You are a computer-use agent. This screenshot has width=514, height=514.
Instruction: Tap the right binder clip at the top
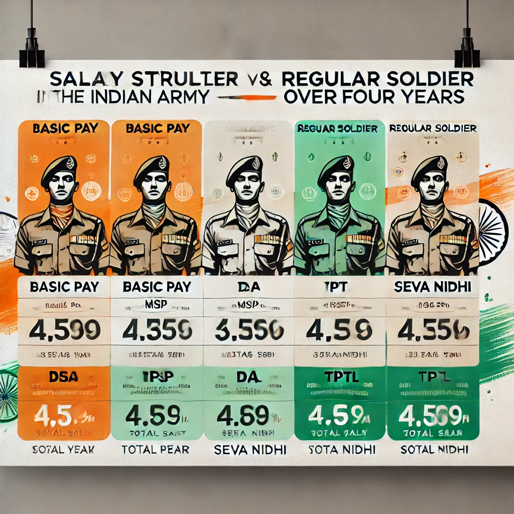pyautogui.click(x=466, y=53)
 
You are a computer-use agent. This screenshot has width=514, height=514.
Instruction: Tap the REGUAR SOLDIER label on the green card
pyautogui.click(x=337, y=129)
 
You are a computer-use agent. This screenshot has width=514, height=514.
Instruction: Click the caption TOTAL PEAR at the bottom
pyautogui.click(x=156, y=449)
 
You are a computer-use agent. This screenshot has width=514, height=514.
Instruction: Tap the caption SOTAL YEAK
pyautogui.click(x=64, y=449)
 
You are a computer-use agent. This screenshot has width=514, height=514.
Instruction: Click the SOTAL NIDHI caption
pyautogui.click(x=434, y=449)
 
